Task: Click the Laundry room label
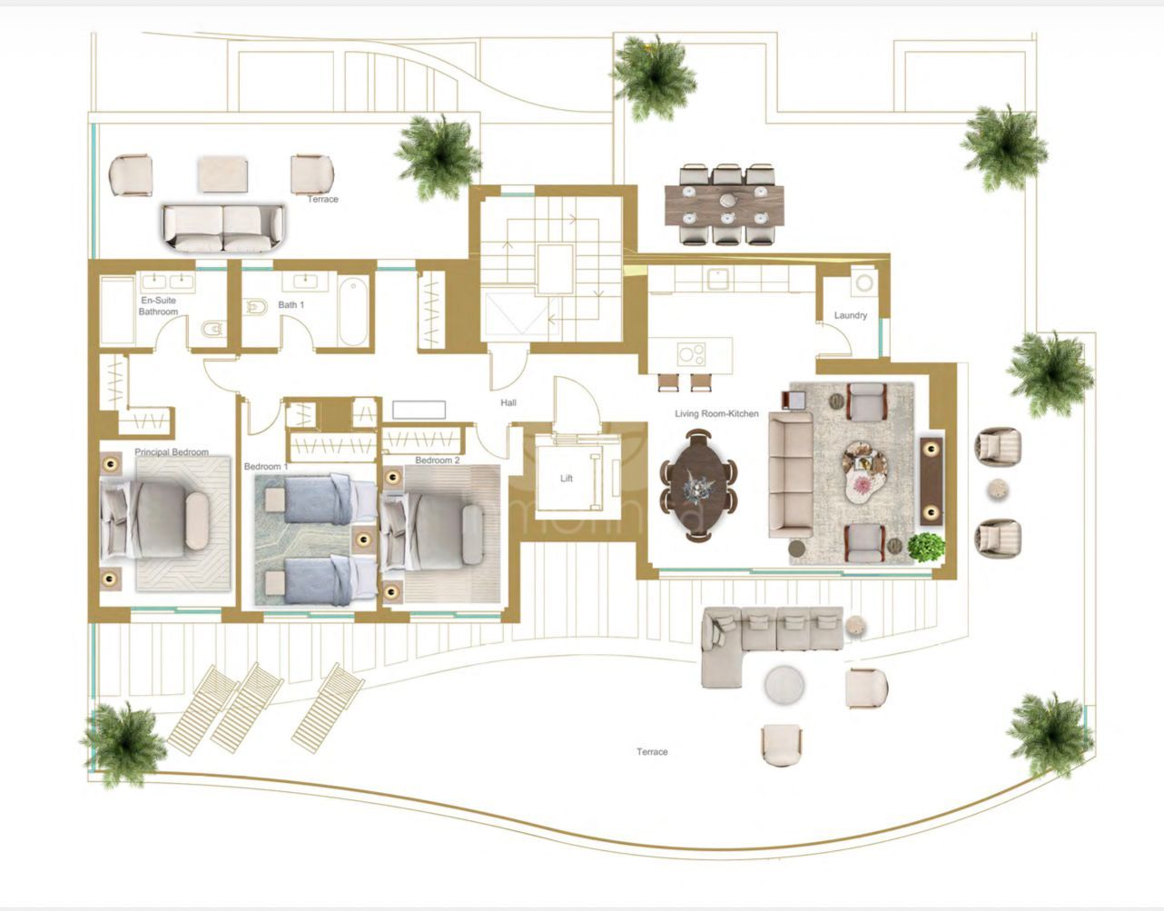pos(850,316)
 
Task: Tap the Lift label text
pos(567,479)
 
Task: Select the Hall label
pos(508,402)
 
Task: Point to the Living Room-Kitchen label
pos(715,414)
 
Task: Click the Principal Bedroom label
pos(172,452)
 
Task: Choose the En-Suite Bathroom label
pos(158,306)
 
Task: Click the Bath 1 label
pos(291,305)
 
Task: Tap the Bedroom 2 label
pos(437,460)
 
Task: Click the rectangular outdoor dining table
pos(725,204)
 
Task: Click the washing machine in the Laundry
pos(863,282)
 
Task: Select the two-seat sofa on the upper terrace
pos(223,227)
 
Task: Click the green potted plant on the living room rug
pos(926,546)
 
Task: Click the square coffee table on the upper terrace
pos(223,173)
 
